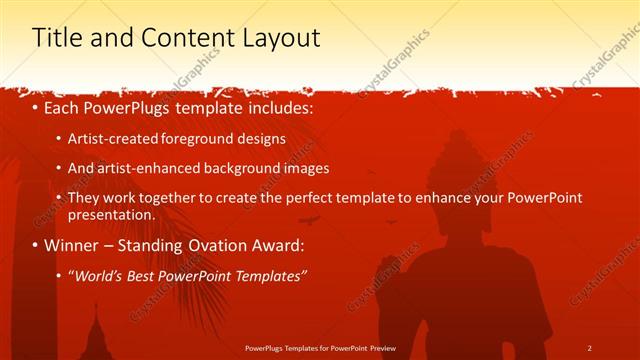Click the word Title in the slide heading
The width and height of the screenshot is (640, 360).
(57, 38)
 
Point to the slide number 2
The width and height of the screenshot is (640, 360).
(589, 347)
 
